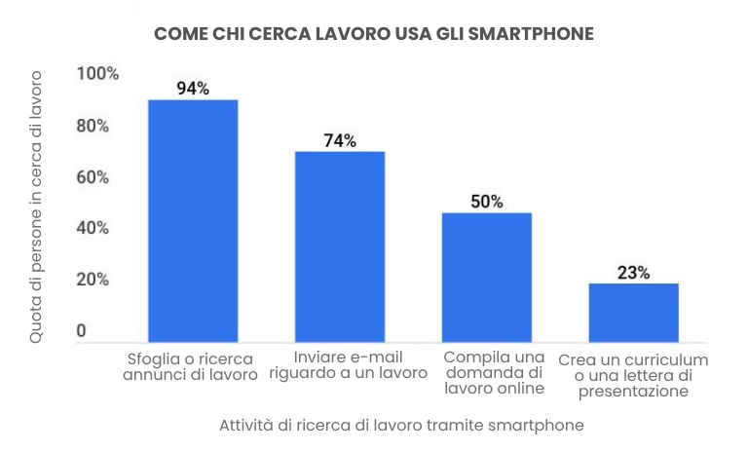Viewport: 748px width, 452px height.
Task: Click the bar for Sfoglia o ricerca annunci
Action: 193,220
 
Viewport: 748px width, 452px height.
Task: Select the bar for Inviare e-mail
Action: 340,246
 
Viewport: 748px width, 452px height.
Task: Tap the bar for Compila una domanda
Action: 487,277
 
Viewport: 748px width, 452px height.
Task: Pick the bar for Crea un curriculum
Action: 633,313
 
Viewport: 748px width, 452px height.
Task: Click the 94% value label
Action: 193,89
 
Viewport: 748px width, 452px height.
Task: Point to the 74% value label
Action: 340,140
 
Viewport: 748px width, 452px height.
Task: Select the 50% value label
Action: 487,202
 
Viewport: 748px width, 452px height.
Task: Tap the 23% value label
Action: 633,273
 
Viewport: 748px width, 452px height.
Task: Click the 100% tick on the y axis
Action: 97,75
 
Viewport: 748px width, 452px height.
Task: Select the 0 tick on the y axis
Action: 82,331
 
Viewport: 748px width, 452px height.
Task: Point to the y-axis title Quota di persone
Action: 36,206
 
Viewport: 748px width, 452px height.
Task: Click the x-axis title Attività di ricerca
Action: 401,426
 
